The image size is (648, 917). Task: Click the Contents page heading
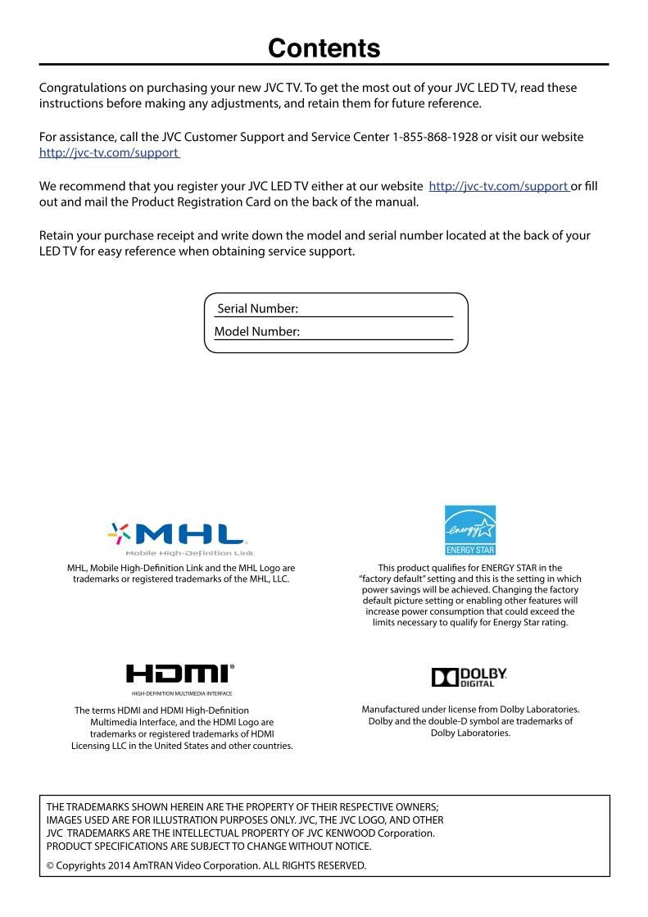coord(324,48)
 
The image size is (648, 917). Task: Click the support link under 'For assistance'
coord(109,152)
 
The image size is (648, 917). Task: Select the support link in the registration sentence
coord(498,186)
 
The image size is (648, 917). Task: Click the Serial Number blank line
coord(376,311)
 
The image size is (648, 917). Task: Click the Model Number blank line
coord(377,333)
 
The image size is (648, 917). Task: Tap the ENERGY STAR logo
coord(470,529)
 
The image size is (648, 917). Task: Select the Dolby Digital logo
coord(469,676)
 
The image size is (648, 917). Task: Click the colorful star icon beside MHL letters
coord(120,535)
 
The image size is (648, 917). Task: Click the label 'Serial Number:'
coord(257,309)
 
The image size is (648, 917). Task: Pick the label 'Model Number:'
coord(256,332)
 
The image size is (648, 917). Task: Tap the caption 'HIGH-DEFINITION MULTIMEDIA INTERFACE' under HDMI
coord(181,693)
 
